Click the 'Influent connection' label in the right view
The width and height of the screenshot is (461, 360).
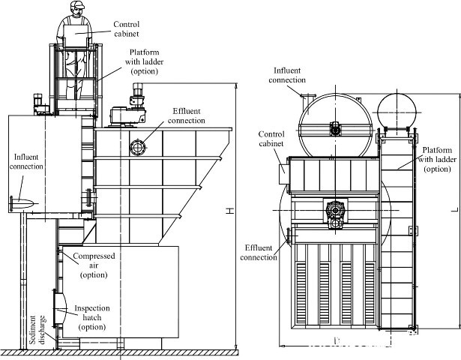(287, 75)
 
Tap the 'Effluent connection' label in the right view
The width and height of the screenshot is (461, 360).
(260, 252)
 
